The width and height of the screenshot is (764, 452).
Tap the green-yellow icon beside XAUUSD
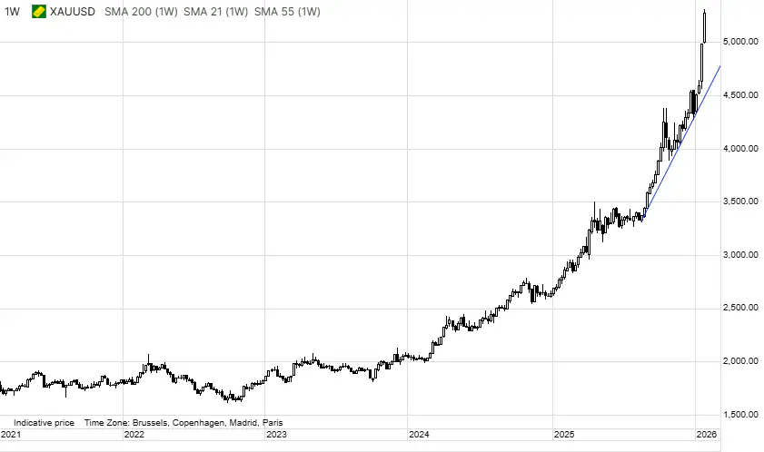[39, 12]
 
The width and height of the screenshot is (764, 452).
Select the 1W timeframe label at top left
[12, 12]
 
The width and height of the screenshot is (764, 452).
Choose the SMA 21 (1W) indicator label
[214, 12]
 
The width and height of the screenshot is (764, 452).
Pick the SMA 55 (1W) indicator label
[287, 12]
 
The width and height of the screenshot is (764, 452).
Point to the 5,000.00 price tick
[739, 43]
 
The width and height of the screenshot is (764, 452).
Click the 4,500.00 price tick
[739, 95]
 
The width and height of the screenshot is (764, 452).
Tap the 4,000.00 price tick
[739, 149]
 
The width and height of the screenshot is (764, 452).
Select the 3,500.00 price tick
[739, 202]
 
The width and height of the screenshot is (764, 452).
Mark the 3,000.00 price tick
[739, 255]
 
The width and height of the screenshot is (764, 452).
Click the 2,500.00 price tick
[739, 309]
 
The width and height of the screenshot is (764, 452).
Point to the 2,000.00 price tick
[739, 361]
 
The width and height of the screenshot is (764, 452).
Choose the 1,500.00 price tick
[739, 415]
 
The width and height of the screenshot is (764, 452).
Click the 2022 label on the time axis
[134, 435]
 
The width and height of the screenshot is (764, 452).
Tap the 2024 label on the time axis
[419, 435]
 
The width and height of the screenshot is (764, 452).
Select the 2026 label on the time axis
[706, 435]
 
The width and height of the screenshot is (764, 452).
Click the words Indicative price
[44, 423]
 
